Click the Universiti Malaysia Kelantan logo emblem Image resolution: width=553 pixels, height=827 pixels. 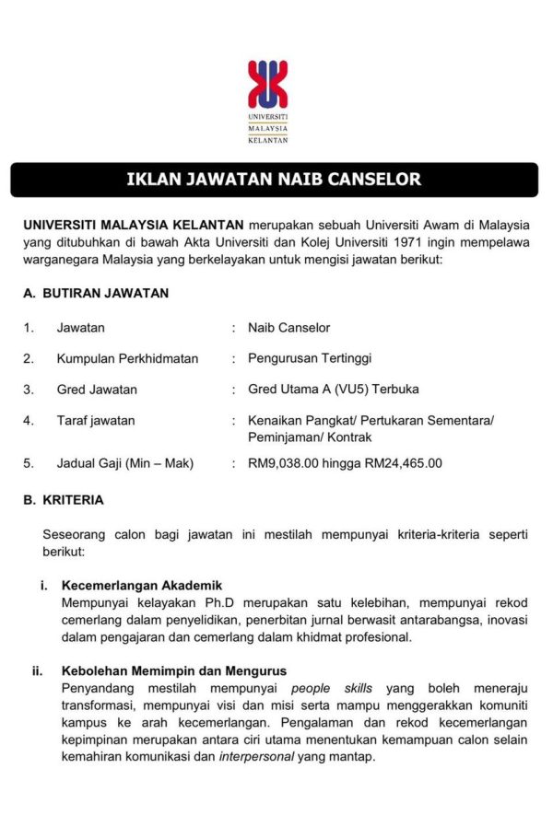[x=267, y=86]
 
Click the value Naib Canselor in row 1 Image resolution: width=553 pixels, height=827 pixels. [x=288, y=328]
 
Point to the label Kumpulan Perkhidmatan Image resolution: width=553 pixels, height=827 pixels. [x=127, y=358]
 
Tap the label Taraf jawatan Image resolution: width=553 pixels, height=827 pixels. [x=96, y=421]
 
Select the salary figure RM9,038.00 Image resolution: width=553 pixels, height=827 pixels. [x=283, y=463]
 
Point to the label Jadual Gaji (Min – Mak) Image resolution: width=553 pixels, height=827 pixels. [x=125, y=463]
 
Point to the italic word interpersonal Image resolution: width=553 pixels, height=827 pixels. [x=257, y=757]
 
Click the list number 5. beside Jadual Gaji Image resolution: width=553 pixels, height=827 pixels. [x=29, y=463]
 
